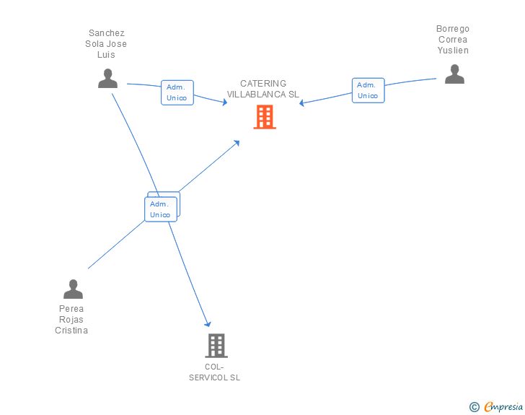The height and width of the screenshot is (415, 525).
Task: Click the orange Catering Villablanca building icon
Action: coord(265,117)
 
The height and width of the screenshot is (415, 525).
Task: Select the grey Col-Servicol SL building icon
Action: coord(216,346)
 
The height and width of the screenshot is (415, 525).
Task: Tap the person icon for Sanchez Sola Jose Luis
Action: coord(107,78)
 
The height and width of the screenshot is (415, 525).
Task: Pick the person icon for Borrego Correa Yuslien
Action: coord(454,74)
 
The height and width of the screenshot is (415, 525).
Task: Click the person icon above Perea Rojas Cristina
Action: coord(73,289)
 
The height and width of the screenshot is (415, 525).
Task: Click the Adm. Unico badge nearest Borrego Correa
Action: coord(368,90)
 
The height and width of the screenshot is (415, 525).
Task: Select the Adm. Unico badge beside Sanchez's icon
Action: coord(177,92)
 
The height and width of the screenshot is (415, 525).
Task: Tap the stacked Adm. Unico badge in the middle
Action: coord(161,209)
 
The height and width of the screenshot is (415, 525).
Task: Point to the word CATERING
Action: coord(263,84)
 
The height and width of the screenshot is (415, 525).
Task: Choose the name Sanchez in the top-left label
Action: coord(107,33)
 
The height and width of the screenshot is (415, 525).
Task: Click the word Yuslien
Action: coord(453,51)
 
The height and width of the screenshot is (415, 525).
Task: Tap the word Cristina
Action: coord(71,331)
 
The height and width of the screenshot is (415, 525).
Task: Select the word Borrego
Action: coord(453,29)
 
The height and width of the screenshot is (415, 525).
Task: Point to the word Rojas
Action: coord(71,320)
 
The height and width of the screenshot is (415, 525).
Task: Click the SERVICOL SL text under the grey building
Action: coord(215,377)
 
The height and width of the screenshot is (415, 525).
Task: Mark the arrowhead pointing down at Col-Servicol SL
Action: coord(208,324)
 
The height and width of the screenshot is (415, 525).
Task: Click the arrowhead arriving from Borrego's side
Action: coord(302,103)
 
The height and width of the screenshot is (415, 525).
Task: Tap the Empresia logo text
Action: coord(503,407)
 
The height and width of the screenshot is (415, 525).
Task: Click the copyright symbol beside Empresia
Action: coord(475,407)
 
